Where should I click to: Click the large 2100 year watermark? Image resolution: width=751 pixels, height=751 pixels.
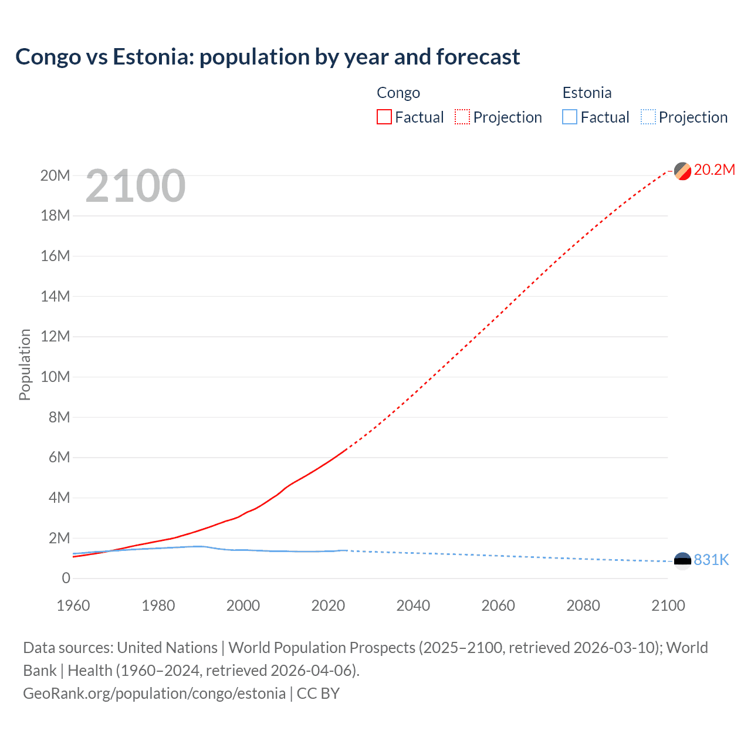(136, 186)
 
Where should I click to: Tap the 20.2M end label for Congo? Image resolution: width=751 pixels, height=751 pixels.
(714, 170)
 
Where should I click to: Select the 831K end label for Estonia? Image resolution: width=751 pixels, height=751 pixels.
(711, 560)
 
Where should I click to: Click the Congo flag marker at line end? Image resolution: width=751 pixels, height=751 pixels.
(682, 171)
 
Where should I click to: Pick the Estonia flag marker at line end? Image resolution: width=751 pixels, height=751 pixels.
(682, 561)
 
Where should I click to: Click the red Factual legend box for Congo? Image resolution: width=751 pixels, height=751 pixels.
(384, 117)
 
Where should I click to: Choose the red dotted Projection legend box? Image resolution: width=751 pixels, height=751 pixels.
(462, 117)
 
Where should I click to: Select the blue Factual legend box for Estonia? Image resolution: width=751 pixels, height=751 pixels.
(570, 117)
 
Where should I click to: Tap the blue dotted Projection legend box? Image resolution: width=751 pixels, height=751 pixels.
(648, 117)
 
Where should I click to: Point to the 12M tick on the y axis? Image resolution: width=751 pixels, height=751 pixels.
(55, 337)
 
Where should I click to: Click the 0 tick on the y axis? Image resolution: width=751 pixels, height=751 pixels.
(66, 579)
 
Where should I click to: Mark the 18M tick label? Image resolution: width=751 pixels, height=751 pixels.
(55, 216)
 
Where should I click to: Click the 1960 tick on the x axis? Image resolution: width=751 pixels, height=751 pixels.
(73, 605)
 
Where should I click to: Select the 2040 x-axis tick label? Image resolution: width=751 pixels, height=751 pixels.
(413, 605)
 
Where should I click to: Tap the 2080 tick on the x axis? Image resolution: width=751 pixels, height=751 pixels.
(583, 605)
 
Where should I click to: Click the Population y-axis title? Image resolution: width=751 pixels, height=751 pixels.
(25, 365)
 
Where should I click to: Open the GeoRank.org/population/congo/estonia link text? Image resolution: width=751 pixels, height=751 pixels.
(154, 694)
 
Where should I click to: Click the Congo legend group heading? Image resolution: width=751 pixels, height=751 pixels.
(398, 93)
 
